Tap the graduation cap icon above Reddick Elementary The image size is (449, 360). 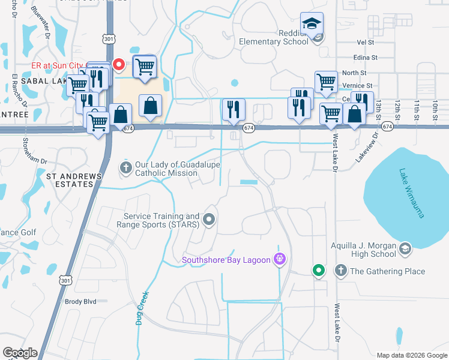pyautogui.click(x=312, y=23)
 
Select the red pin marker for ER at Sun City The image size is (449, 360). pyautogui.click(x=119, y=64)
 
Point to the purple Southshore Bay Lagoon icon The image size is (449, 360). pyautogui.click(x=279, y=259)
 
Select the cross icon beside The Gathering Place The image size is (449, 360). pyautogui.click(x=341, y=271)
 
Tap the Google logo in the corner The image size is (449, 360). pyautogui.click(x=20, y=353)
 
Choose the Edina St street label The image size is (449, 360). pyautogui.click(x=366, y=58)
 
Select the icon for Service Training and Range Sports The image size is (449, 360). pyautogui.click(x=209, y=220)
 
